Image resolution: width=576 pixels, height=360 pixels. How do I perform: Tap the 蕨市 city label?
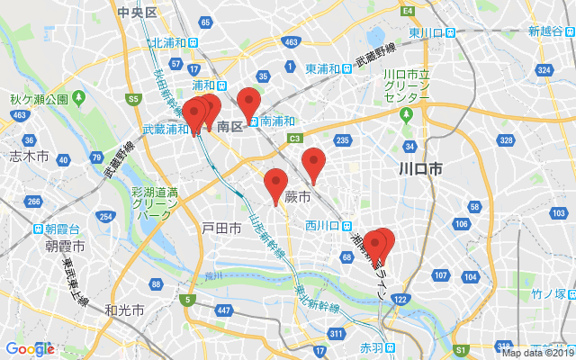point(297,196)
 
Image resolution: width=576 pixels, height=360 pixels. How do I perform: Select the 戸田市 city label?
point(221,229)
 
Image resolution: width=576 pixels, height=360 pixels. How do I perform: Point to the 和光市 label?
point(123,310)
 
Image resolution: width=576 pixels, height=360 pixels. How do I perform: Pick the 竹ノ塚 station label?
point(547,293)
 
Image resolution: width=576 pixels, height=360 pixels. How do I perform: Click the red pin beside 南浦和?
point(248,103)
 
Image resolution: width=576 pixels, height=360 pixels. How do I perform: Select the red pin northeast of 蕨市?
point(313,162)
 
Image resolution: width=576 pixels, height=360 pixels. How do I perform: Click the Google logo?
point(30,349)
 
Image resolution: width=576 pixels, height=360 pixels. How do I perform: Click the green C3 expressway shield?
point(295,138)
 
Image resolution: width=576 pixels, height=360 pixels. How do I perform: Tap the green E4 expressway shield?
point(408,11)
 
